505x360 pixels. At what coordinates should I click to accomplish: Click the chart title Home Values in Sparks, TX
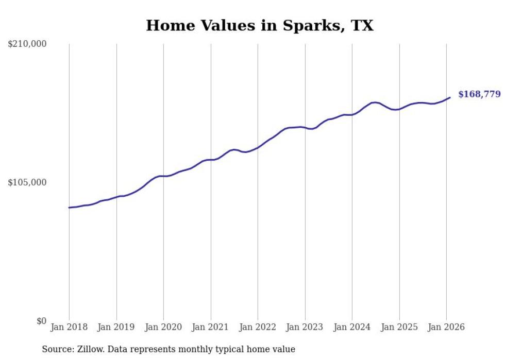tap(260, 25)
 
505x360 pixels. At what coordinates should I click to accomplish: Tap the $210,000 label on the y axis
tap(27, 44)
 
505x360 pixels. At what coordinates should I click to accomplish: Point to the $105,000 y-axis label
tap(27, 182)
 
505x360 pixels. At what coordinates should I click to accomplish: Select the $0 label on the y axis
tap(41, 321)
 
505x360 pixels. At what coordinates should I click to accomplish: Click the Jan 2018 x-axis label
tap(69, 327)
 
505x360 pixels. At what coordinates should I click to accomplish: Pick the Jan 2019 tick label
tap(116, 327)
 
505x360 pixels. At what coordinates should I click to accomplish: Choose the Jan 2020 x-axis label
tap(163, 327)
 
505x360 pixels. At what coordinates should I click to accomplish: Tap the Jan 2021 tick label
tap(211, 327)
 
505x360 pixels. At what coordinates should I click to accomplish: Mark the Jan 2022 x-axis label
tap(258, 327)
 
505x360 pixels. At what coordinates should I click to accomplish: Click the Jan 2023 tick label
tap(305, 327)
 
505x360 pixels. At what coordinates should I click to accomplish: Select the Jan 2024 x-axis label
tap(352, 327)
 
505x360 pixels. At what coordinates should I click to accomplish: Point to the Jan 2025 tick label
tap(399, 327)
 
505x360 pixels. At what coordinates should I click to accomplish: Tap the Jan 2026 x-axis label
tap(446, 327)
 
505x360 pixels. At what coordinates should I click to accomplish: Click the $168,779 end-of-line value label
tap(479, 94)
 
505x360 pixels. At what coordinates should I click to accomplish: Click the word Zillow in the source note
tap(88, 349)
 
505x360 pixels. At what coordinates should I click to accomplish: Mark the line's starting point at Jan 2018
tap(69, 208)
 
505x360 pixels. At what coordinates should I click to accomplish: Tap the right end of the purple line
tap(450, 97)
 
